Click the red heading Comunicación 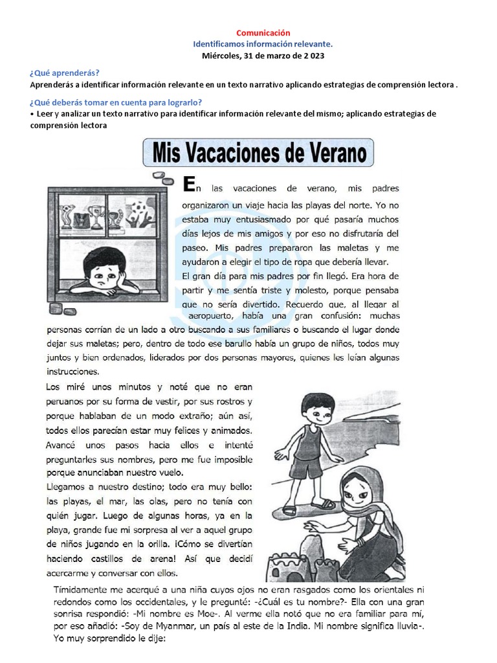tap(263, 32)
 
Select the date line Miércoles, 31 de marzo tap(263, 56)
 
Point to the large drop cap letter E tap(188, 186)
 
